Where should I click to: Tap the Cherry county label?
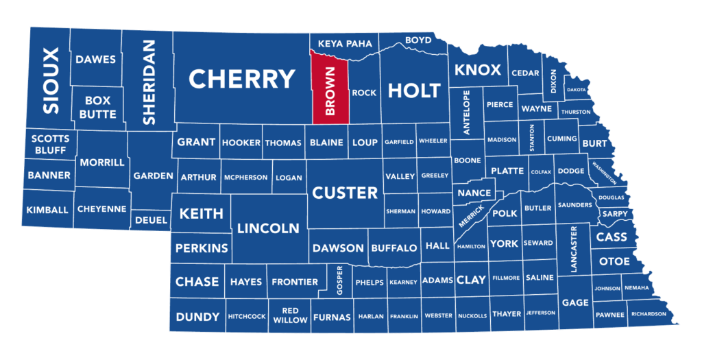(241, 80)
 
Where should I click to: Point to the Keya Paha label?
(344, 43)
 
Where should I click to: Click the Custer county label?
(345, 193)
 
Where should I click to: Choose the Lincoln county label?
(268, 228)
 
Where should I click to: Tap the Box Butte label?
(98, 107)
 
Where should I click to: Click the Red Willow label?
(290, 315)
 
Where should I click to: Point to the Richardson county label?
(649, 314)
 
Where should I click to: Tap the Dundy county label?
(197, 317)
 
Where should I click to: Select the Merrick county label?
(472, 217)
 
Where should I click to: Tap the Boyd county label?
(418, 40)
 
